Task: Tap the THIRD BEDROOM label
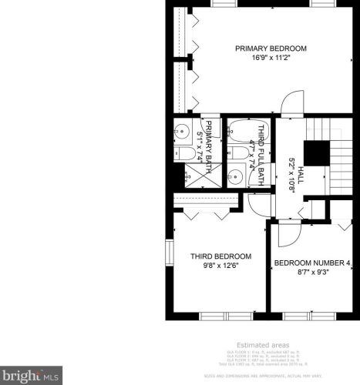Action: point(221,256)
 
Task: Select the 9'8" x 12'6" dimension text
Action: point(221,266)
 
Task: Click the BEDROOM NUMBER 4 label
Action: point(312,264)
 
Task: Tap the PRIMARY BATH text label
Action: point(208,139)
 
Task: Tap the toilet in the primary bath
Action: point(186,154)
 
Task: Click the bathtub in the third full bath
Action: point(242,132)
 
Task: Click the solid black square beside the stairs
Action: point(315,153)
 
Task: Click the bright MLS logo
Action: point(31,377)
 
